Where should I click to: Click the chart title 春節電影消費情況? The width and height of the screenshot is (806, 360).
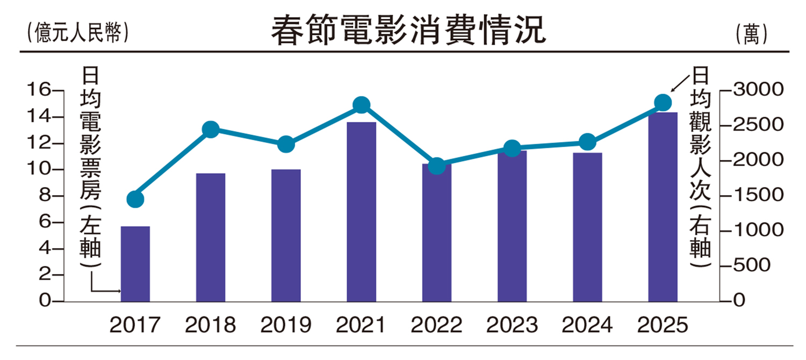point(408,31)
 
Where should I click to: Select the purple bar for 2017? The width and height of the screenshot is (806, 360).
point(135,264)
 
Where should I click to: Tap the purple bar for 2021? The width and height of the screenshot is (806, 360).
point(361,212)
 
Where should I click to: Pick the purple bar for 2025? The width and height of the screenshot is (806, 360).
point(663,207)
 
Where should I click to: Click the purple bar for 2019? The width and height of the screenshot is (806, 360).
point(286,235)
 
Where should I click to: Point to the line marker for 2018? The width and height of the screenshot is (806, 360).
point(211,129)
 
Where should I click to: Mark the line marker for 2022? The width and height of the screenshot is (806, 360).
point(437,165)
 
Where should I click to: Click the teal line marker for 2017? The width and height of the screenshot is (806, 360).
point(135,199)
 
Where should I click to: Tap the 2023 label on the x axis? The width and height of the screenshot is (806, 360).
point(512,325)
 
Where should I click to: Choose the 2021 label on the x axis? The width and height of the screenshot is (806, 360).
point(361,325)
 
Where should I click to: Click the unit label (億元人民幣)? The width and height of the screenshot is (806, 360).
point(76,33)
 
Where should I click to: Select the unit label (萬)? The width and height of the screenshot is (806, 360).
point(752,34)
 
